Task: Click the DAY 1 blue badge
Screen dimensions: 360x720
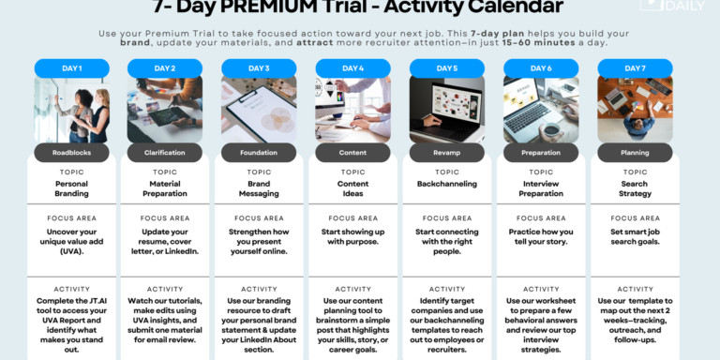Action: click(72, 68)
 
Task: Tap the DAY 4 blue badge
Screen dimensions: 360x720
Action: click(353, 68)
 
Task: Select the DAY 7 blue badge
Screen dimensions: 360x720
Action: click(635, 68)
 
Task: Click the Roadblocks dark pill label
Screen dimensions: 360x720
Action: click(72, 152)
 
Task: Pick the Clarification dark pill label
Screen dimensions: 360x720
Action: click(165, 152)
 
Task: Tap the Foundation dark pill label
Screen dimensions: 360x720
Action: click(260, 152)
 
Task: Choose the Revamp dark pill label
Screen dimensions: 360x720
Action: click(447, 152)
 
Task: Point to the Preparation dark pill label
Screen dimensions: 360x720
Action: click(541, 152)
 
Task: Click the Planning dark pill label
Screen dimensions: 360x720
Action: click(635, 152)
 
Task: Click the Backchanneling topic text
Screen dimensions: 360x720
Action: click(447, 185)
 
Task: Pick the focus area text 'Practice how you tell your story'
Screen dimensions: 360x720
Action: click(541, 236)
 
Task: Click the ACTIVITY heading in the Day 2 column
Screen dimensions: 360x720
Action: click(165, 289)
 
